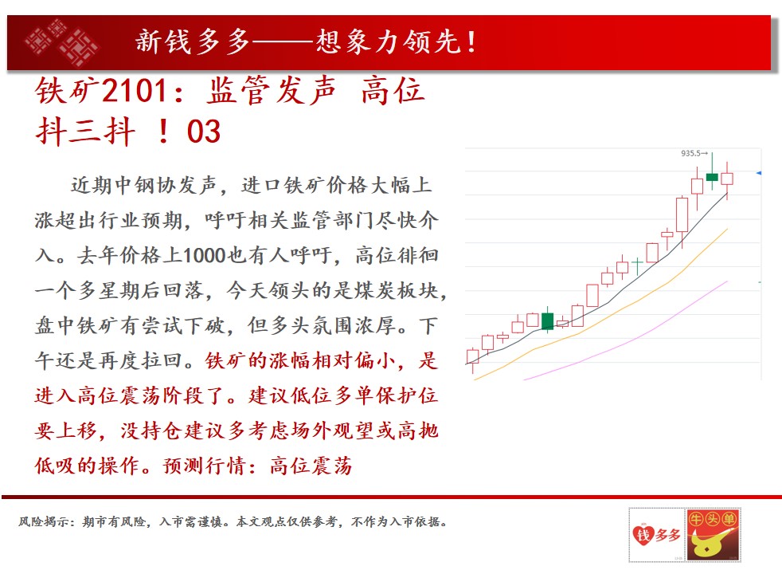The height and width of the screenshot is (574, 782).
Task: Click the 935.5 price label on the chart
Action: click(x=690, y=153)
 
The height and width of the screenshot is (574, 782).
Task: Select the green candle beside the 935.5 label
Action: click(x=712, y=177)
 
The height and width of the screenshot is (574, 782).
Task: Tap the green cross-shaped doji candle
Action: click(x=637, y=263)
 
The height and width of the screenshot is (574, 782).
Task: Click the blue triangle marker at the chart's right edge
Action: click(x=759, y=173)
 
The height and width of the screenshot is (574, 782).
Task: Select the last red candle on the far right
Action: click(x=727, y=179)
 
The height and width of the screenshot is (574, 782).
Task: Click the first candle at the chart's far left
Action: click(x=472, y=356)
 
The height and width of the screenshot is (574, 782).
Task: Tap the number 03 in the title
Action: click(x=204, y=132)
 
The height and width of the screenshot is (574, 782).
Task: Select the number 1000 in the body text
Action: click(x=205, y=256)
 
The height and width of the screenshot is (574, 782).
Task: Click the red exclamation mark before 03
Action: click(x=163, y=132)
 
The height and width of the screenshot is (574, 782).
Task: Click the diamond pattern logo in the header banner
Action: click(x=61, y=42)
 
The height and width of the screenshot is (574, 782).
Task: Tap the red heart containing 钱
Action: click(x=643, y=536)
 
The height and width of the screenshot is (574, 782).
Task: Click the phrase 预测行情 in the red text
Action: click(x=205, y=466)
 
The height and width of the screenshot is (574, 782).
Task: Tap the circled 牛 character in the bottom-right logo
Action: click(x=696, y=519)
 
